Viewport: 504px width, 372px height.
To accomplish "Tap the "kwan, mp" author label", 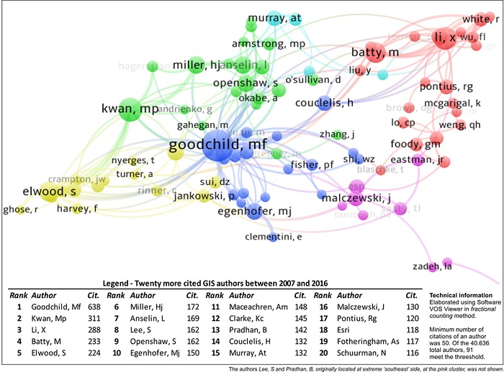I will (130, 109).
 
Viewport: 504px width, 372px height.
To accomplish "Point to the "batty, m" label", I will (374, 53).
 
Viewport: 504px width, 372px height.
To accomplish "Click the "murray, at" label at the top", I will (274, 19).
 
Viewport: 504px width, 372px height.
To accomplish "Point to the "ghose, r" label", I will (19, 209).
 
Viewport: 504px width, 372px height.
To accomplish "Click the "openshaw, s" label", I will (246, 84).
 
